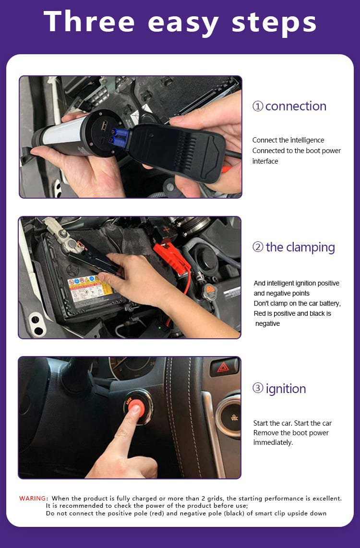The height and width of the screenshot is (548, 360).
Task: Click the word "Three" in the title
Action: coord(89,21)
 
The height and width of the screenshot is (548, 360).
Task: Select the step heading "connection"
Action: coord(296,106)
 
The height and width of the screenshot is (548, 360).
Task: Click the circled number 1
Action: coord(258,106)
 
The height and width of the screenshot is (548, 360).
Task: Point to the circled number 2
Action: coord(258,247)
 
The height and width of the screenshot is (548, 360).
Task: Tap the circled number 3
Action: coord(258,388)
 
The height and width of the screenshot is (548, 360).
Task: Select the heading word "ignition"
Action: coord(286,389)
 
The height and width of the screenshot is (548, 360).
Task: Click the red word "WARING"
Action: coord(33,499)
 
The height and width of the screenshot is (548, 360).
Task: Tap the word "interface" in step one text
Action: coord(265,161)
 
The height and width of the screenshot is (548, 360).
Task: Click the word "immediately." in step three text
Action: coord(273,442)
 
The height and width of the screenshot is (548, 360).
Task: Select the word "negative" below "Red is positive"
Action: coord(267,323)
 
